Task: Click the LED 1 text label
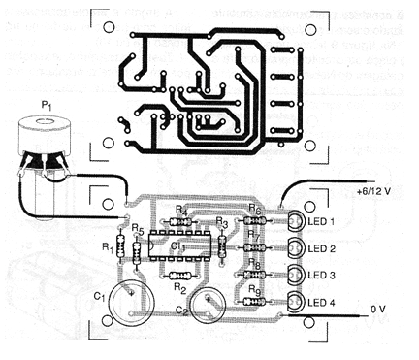click(x=320, y=222)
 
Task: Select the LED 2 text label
click(x=320, y=249)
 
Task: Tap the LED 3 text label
click(x=320, y=277)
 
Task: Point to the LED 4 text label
click(x=320, y=304)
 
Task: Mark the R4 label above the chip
click(x=180, y=209)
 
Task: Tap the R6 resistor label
click(x=255, y=209)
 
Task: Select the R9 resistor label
click(x=255, y=289)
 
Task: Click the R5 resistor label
click(x=138, y=230)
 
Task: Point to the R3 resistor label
click(x=221, y=222)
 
